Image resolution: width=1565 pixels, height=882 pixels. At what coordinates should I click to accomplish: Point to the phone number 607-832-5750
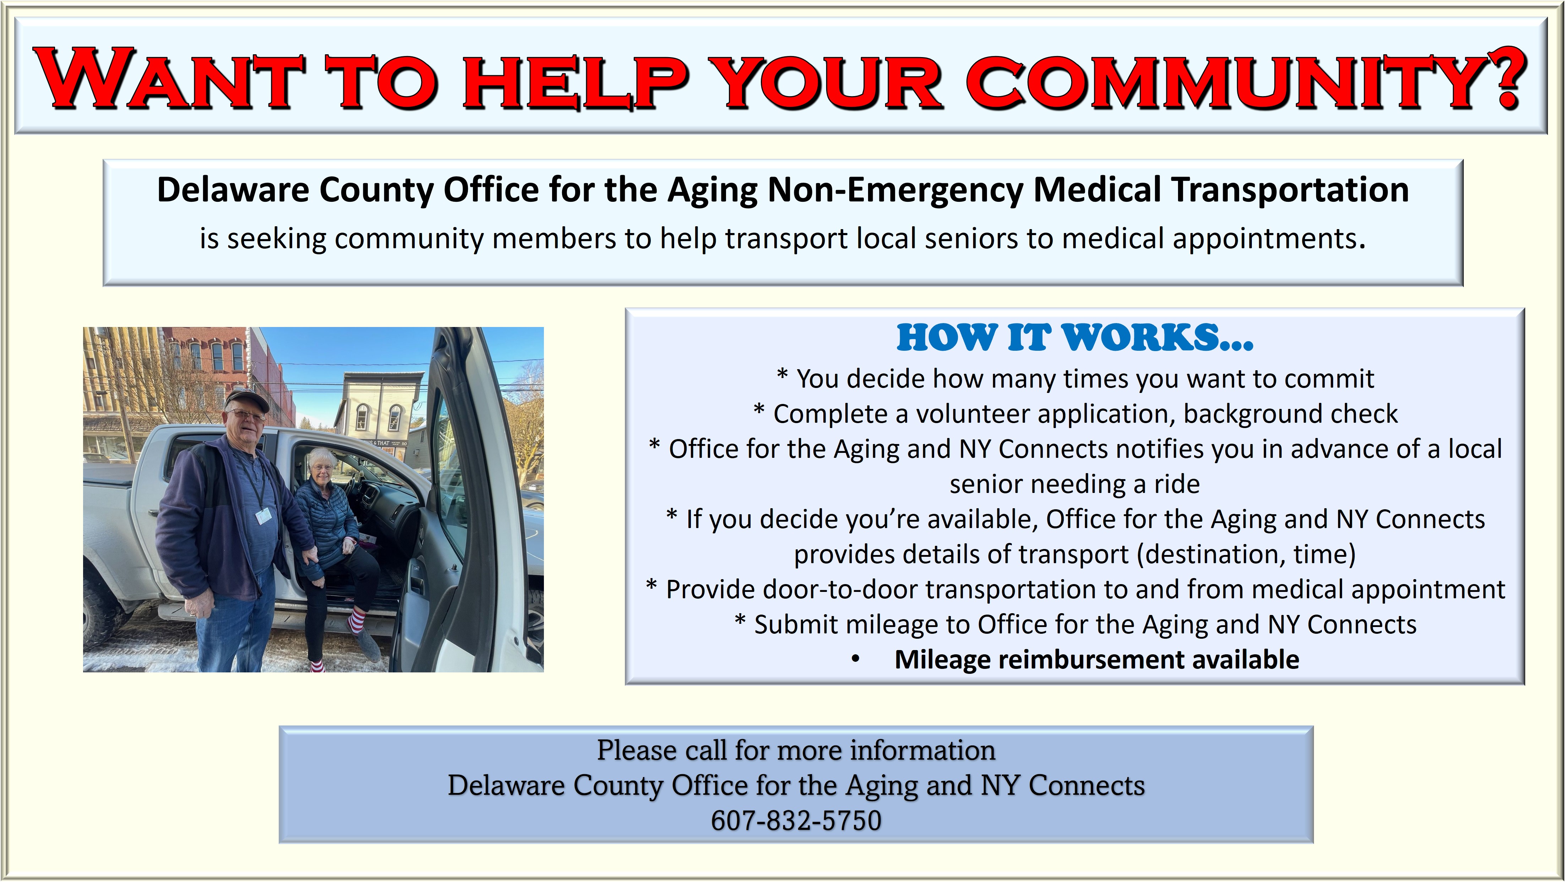pos(796,820)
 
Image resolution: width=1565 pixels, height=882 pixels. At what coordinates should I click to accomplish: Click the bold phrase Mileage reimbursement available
pos(1097,659)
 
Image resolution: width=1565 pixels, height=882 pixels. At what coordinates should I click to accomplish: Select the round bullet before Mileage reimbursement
pos(855,660)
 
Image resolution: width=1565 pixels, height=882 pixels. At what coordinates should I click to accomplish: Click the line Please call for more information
pos(796,750)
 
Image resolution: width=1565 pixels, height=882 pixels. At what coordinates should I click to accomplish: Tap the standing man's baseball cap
pos(246,399)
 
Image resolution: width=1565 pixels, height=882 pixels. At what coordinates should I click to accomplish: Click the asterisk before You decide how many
pos(782,375)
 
